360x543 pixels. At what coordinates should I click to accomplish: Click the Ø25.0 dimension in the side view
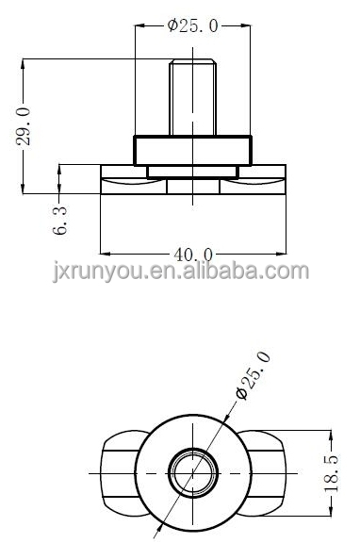(193, 25)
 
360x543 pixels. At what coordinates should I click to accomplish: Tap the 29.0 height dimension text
(24, 126)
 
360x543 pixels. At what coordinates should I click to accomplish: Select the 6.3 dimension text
(59, 221)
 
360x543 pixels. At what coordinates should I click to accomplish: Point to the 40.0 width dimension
(193, 255)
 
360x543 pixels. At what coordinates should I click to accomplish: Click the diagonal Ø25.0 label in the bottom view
(252, 375)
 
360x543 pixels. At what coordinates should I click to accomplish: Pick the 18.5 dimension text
(332, 473)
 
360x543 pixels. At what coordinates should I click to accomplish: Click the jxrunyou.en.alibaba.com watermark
(181, 271)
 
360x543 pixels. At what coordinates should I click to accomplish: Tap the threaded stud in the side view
(193, 97)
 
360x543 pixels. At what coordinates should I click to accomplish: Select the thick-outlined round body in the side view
(193, 151)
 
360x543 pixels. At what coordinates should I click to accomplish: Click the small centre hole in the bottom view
(193, 472)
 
